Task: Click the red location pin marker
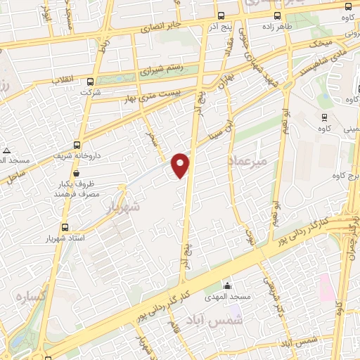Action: click(x=181, y=165)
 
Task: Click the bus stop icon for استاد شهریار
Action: click(x=65, y=227)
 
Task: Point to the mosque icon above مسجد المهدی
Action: click(x=227, y=285)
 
